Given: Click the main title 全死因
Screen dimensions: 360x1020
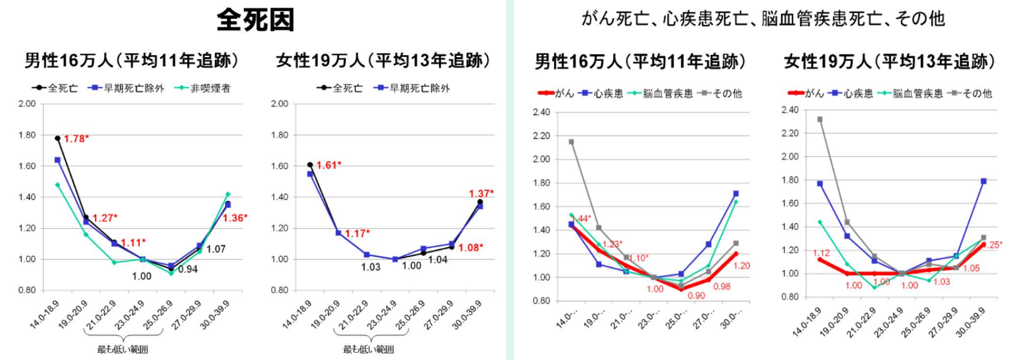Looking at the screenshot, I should coord(255,19).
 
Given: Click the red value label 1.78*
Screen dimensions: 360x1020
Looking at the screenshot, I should coord(77,139).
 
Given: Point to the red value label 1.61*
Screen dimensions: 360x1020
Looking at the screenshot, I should coord(329,165).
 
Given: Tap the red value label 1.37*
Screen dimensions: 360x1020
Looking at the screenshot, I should coord(481,193).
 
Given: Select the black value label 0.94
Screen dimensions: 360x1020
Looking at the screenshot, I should coord(188,269).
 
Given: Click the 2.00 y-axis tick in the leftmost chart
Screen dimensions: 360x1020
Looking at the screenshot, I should coord(27,103).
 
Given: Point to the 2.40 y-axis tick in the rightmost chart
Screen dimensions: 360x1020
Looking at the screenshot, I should coord(790,110).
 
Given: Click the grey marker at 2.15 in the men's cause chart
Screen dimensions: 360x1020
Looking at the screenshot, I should coord(571,142).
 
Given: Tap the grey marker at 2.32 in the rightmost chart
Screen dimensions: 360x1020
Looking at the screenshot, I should coord(820,119).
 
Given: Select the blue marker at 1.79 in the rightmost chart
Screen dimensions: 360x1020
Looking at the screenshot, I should coord(984,181).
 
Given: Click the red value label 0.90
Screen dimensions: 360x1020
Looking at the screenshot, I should coord(696,296).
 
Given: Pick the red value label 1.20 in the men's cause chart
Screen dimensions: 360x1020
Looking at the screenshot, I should coord(741,266).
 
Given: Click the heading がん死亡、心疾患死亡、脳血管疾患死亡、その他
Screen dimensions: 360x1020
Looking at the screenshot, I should coord(763,19).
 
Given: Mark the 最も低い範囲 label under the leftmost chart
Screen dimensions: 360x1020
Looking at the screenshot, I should coord(123,349).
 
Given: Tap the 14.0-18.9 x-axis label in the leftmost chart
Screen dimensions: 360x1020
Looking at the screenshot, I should coord(44,315).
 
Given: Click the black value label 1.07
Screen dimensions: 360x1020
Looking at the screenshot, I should coord(216,249).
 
